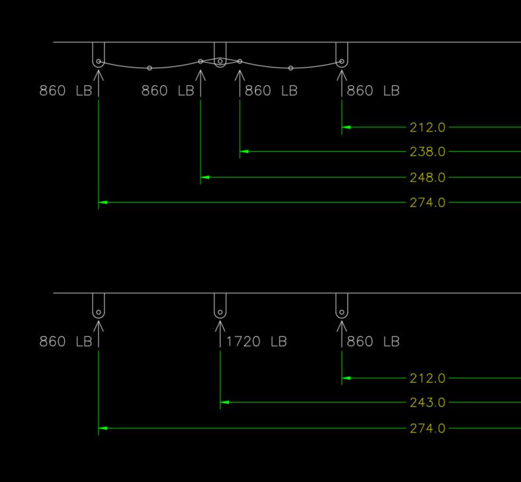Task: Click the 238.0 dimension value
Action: click(427, 152)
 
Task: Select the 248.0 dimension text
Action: click(427, 177)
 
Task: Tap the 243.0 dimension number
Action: click(427, 403)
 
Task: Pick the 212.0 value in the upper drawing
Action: click(427, 127)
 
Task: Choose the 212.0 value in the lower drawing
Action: click(427, 379)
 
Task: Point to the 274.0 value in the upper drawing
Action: click(427, 203)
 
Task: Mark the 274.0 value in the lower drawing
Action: click(427, 428)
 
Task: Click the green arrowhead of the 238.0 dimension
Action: click(244, 152)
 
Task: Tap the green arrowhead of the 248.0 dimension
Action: click(205, 177)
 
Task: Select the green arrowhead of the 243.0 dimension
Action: click(225, 403)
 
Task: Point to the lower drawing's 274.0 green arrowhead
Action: click(103, 428)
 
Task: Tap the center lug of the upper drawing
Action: click(220, 55)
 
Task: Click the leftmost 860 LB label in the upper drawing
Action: click(66, 91)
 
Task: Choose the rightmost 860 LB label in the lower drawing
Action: click(373, 342)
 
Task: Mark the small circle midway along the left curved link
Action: click(150, 68)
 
